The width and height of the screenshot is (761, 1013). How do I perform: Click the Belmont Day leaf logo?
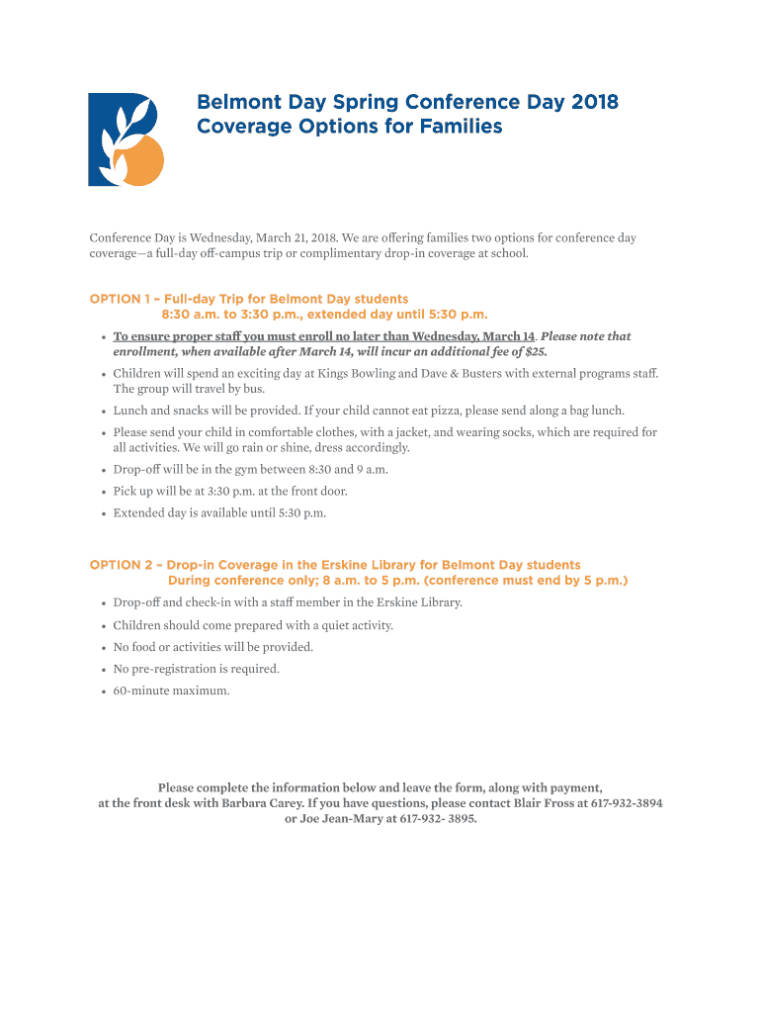(x=126, y=139)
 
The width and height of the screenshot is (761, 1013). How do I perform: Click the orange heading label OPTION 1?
(x=120, y=299)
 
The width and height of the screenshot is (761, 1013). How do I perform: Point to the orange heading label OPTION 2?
(x=121, y=565)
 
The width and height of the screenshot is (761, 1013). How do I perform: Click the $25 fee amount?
(x=536, y=351)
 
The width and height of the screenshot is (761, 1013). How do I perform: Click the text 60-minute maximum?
(x=171, y=691)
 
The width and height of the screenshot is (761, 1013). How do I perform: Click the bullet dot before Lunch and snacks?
(x=104, y=411)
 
